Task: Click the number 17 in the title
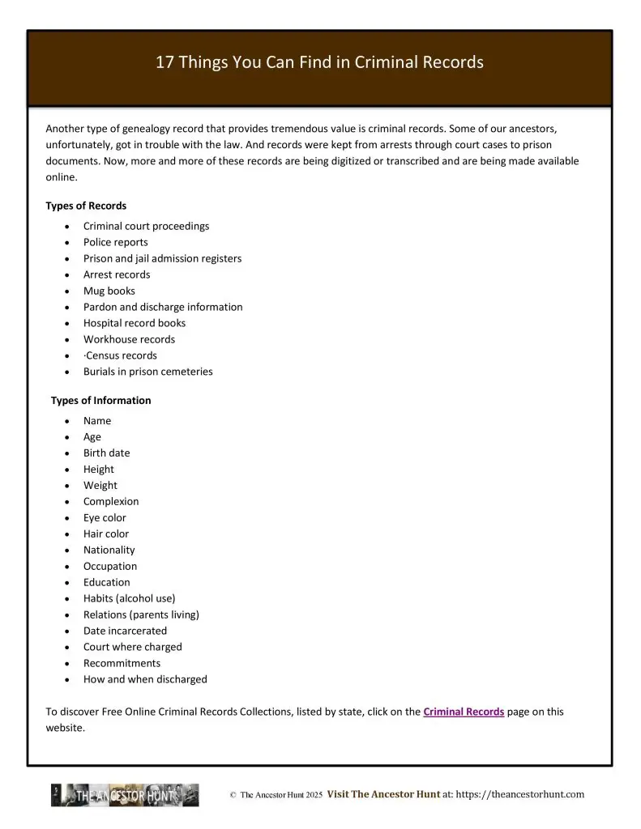click(x=165, y=62)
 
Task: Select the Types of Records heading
click(x=86, y=206)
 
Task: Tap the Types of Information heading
click(x=100, y=400)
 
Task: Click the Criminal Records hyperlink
click(x=464, y=712)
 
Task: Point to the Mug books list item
click(x=109, y=291)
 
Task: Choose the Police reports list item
click(x=116, y=242)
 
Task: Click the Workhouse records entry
click(x=129, y=339)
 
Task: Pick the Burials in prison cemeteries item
click(x=148, y=372)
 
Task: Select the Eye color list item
click(x=105, y=517)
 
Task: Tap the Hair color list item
click(x=106, y=534)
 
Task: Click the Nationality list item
click(x=109, y=550)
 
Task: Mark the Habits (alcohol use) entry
click(x=129, y=598)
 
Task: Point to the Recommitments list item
click(x=122, y=663)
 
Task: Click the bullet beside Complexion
click(x=66, y=502)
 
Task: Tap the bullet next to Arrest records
click(x=66, y=275)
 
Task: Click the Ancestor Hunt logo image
click(x=125, y=795)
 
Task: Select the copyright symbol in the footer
click(x=233, y=795)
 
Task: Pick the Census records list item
click(x=121, y=355)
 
